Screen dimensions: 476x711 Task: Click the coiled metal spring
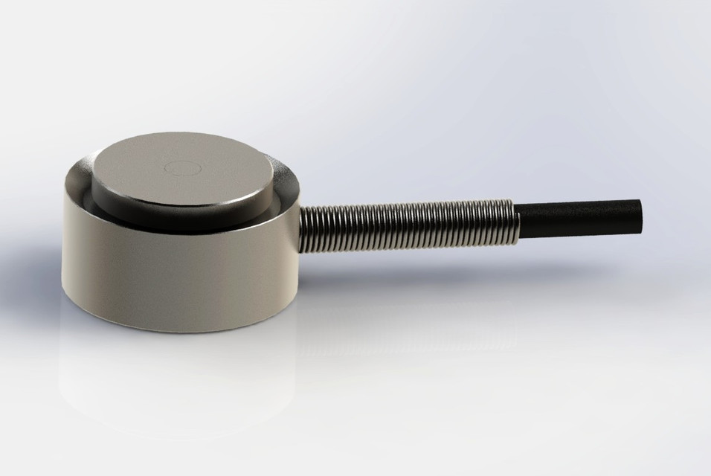[x=409, y=223]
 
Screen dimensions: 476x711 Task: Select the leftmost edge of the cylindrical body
[x=63, y=238]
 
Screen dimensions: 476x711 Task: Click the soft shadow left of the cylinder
[x=37, y=297]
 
